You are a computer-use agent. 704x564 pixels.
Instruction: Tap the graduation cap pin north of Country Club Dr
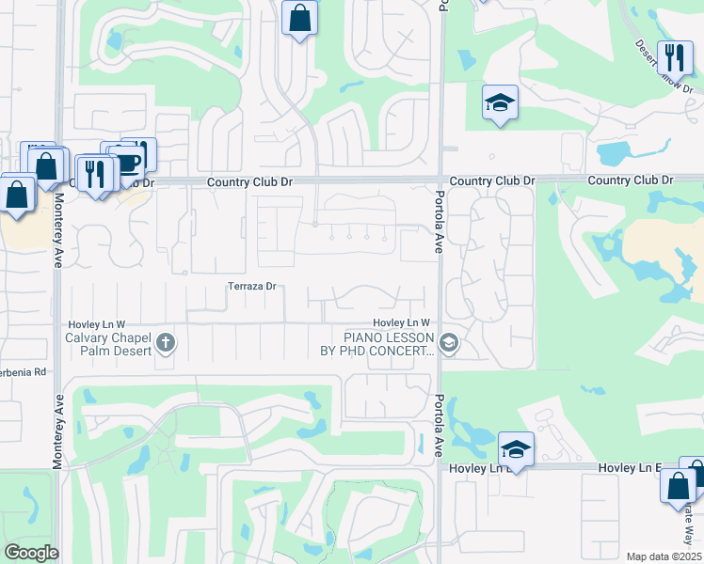tap(500, 102)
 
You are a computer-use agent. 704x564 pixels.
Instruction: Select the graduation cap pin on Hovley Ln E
tap(516, 450)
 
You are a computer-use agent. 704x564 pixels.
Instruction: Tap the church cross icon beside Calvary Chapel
tap(166, 342)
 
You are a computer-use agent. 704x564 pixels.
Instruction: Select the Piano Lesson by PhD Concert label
tap(389, 344)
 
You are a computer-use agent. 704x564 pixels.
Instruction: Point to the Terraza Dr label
tap(251, 286)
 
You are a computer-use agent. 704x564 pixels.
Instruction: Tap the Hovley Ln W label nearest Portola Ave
tap(407, 323)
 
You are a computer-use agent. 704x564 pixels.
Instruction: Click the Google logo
tap(31, 553)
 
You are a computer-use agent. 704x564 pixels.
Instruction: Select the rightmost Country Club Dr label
tap(631, 180)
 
